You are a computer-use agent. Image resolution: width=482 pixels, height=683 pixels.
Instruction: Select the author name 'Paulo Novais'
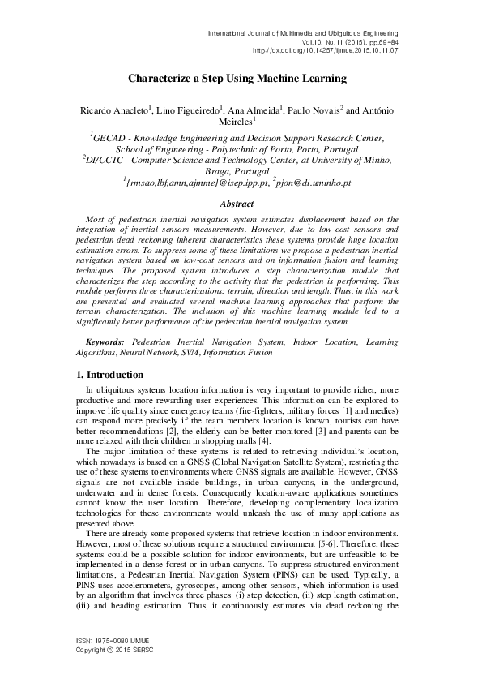coord(314,110)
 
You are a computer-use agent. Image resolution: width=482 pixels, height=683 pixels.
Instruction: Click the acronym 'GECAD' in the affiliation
coord(112,139)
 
